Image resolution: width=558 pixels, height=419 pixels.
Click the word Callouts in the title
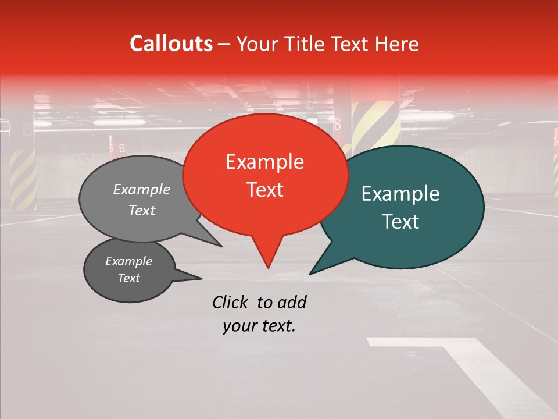[x=171, y=44]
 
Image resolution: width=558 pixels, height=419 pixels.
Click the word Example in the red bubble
[x=264, y=162]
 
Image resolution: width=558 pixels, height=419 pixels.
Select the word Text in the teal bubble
[x=401, y=222]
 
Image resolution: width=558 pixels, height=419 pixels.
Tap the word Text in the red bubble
[x=265, y=190]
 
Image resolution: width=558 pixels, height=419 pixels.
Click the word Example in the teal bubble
[x=400, y=194]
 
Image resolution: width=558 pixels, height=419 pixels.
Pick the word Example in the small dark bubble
[x=128, y=261]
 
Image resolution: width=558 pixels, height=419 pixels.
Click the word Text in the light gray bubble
[x=142, y=210]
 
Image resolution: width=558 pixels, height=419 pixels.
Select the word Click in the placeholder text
[x=231, y=302]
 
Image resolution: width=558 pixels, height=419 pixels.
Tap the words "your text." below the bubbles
[x=259, y=326]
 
